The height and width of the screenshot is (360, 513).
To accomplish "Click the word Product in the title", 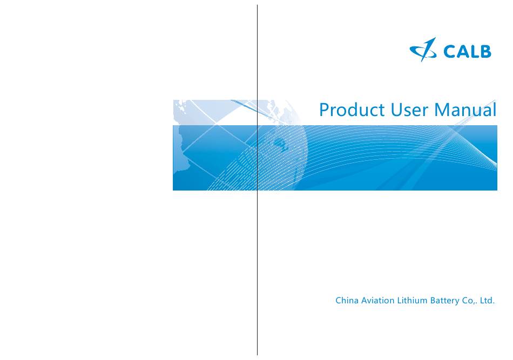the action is click(x=352, y=110).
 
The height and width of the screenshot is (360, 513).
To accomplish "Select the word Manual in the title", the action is click(x=465, y=110).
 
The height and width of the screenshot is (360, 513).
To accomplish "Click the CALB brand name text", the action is click(x=467, y=52).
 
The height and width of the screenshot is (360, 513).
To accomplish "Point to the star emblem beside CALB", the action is click(x=423, y=50).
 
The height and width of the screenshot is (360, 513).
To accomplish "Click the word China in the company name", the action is click(x=347, y=300).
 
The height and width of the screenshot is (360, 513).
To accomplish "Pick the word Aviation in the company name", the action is click(x=378, y=300).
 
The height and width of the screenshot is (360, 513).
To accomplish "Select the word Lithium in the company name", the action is click(x=412, y=300).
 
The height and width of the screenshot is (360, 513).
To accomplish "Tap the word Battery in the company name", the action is click(x=444, y=301).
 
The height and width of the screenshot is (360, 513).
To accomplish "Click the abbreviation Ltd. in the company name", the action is click(x=487, y=300).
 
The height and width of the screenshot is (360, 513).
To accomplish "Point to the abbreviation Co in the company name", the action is click(x=467, y=301).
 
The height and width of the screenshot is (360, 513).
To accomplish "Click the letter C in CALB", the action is click(x=449, y=52).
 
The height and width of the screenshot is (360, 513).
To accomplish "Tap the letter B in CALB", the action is click(x=486, y=52).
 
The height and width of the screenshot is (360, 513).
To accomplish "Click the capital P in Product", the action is click(x=323, y=110).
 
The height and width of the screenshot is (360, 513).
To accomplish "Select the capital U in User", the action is click(x=396, y=110).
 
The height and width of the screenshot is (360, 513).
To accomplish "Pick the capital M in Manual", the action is click(x=442, y=110).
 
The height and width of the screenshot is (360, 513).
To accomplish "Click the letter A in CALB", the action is click(x=462, y=52).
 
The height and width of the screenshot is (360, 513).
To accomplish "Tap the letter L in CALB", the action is click(x=474, y=52).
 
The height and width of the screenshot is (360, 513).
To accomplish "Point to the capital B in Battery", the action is click(x=433, y=300).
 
